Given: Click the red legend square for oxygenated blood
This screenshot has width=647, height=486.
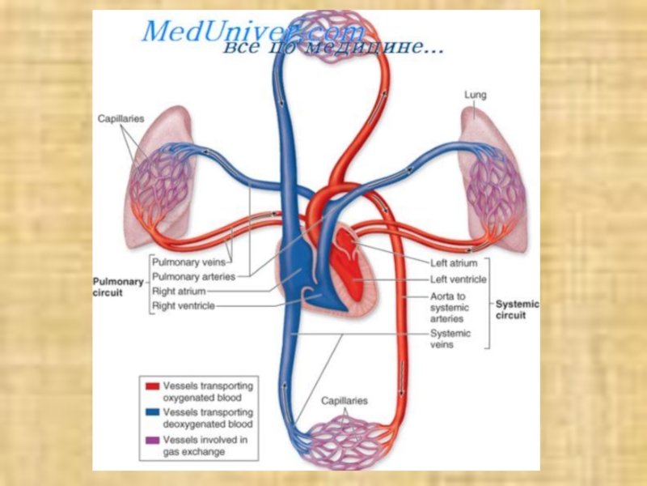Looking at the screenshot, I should pyautogui.click(x=151, y=386).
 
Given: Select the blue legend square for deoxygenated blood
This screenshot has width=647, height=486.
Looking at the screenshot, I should pyautogui.click(x=151, y=413).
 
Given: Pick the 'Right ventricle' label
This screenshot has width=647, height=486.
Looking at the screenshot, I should pyautogui.click(x=184, y=306).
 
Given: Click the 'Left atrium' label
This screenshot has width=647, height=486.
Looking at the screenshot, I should pyautogui.click(x=454, y=263).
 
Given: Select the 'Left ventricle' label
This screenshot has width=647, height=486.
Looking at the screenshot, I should pyautogui.click(x=458, y=280).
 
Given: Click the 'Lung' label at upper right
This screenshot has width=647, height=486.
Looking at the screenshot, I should pyautogui.click(x=475, y=96).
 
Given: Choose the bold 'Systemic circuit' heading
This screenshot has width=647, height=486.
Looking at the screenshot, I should pyautogui.click(x=517, y=309).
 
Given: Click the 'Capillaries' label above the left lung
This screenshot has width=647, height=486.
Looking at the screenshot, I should pyautogui.click(x=121, y=118).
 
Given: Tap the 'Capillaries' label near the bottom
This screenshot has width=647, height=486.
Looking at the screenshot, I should pyautogui.click(x=344, y=401).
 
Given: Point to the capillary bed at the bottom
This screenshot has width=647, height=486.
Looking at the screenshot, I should pyautogui.click(x=344, y=441).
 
